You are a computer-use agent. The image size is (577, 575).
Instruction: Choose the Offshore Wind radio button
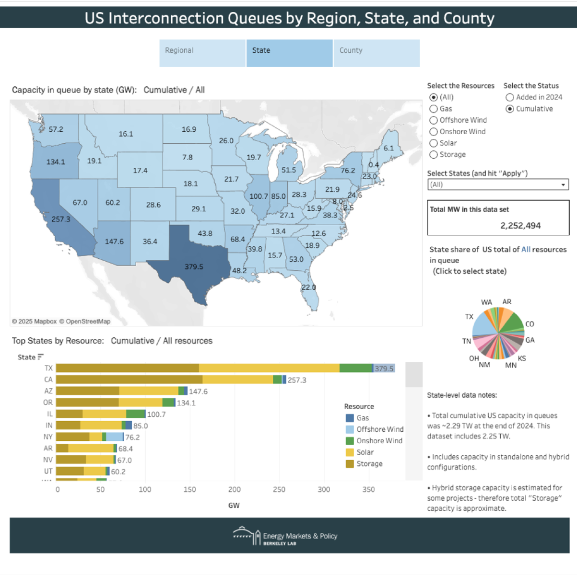(x=434, y=120)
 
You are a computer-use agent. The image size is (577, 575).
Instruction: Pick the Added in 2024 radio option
(x=509, y=97)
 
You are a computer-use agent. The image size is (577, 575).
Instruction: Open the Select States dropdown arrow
(x=563, y=185)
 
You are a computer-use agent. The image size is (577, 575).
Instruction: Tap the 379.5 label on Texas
(x=194, y=267)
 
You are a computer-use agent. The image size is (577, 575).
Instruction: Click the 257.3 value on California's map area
(x=61, y=219)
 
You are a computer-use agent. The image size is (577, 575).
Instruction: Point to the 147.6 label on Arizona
(x=114, y=241)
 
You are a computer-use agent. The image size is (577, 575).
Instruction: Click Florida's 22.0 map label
(x=308, y=287)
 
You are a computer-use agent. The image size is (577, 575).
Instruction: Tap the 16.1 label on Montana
(x=126, y=134)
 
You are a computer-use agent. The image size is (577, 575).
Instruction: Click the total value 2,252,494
(x=520, y=226)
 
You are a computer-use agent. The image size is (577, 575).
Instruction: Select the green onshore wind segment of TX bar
(x=356, y=368)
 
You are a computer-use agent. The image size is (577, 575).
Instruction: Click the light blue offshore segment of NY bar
(x=115, y=437)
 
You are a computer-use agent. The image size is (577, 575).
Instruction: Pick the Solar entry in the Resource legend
(x=365, y=452)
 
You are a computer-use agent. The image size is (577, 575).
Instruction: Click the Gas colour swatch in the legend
(x=350, y=418)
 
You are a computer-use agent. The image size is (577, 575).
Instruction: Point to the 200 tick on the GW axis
(x=234, y=489)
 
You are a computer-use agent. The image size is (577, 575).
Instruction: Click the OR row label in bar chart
(x=48, y=402)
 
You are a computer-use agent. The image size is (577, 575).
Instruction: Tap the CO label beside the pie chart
(x=530, y=324)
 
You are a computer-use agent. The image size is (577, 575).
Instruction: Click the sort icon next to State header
(x=40, y=357)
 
